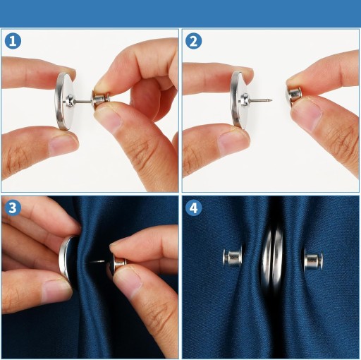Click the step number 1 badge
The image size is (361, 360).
(13, 41)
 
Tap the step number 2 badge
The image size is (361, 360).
(193, 41)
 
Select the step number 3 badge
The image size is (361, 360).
(13, 208)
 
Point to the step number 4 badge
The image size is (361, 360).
(193, 208)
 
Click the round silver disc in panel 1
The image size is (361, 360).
(63, 101)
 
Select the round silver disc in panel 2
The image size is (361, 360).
(240, 100)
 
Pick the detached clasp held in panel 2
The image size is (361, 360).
(293, 95)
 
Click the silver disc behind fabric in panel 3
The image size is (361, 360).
(67, 257)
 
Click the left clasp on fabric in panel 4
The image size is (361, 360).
(233, 257)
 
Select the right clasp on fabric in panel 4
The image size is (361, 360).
(313, 260)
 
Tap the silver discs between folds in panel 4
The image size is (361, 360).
(272, 257)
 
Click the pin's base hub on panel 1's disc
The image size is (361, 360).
(70, 101)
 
